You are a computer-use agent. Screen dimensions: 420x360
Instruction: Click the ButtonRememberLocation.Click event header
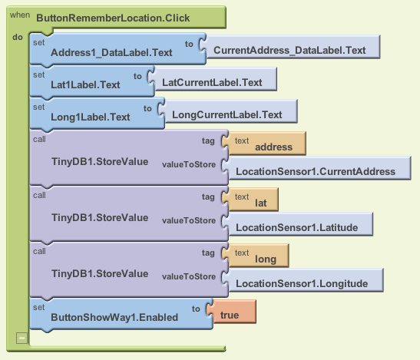[x=113, y=18]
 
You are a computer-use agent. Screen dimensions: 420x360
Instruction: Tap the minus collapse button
[x=21, y=338]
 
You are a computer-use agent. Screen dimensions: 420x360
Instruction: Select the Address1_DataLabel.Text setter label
[x=111, y=52]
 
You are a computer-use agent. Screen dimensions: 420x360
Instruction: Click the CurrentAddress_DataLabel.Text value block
[x=293, y=47]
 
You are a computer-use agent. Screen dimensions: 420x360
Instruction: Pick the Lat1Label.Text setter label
[x=85, y=85]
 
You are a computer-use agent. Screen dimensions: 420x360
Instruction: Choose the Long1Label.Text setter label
[x=91, y=117]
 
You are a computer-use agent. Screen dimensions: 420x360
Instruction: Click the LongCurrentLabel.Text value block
[x=231, y=111]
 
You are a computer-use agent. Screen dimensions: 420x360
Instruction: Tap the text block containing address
[x=267, y=144]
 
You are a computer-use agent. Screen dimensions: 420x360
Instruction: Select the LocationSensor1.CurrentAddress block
[x=320, y=168]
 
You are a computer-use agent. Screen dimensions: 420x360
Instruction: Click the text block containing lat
[x=253, y=200]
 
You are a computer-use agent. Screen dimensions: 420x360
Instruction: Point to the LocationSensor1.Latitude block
[x=301, y=224]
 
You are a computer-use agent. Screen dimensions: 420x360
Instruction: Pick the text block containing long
[x=259, y=256]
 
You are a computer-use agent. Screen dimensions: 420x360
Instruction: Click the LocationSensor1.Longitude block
[x=306, y=280]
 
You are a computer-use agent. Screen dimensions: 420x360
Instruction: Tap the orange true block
[x=234, y=312]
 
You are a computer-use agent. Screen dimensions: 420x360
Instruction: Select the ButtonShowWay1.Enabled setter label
[x=114, y=318]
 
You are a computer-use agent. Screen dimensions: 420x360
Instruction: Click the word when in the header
[x=20, y=15]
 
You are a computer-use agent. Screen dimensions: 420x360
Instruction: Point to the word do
[x=18, y=37]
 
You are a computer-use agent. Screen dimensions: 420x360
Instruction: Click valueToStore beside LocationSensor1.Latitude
[x=189, y=220]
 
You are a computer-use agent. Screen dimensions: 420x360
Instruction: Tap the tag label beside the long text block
[x=208, y=253]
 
